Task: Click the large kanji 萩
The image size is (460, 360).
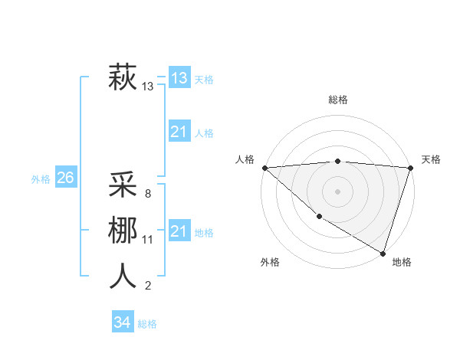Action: click(x=123, y=77)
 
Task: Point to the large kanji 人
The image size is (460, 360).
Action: click(x=123, y=276)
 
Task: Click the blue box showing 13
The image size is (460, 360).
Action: click(x=179, y=77)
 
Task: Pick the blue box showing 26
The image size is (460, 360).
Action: click(x=65, y=178)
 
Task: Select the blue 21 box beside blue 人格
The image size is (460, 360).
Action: click(x=179, y=132)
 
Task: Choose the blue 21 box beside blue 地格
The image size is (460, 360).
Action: click(x=179, y=231)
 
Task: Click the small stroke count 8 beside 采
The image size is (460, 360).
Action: click(x=147, y=194)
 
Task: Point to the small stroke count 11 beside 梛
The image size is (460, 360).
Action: click(x=148, y=240)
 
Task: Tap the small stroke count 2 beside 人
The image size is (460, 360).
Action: click(x=147, y=286)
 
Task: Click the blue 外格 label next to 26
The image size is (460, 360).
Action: click(x=41, y=179)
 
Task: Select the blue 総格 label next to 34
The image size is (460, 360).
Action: click(x=147, y=324)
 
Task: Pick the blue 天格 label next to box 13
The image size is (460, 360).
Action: click(x=204, y=80)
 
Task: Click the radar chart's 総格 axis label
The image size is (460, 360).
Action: click(x=337, y=100)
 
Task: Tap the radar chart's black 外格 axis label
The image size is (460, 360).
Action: click(x=270, y=262)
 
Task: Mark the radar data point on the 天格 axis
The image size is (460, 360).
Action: click(x=410, y=168)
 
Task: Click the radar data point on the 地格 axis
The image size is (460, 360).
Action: click(x=383, y=253)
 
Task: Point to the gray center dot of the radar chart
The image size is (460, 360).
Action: click(x=337, y=191)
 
